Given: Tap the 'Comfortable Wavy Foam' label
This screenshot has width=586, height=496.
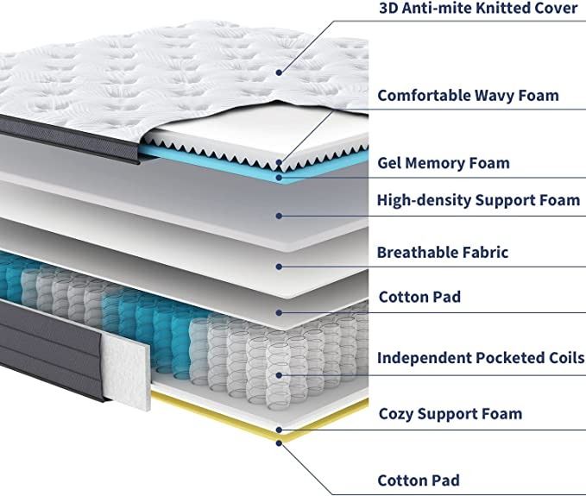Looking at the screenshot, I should click(x=468, y=95).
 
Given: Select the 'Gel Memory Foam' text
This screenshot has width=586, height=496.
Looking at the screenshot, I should click(x=444, y=162).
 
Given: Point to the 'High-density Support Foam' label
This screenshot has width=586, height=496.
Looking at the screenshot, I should click(x=478, y=200).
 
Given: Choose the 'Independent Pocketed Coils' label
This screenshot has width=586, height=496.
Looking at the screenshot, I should click(x=481, y=357).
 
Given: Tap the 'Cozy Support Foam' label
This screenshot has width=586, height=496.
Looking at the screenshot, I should click(x=451, y=413).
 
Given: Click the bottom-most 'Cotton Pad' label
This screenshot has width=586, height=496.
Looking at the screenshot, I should click(x=419, y=480).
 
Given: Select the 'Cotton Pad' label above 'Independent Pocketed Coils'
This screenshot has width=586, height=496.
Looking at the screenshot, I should click(x=419, y=297).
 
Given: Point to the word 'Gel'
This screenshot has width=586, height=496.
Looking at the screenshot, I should click(x=390, y=162).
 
